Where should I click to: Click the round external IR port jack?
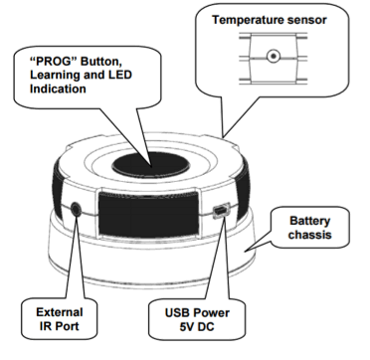pos(76,210)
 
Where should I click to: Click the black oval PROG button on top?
pos(151,165)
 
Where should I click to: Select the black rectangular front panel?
pos(149,214)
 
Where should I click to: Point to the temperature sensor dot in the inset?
pos(274,56)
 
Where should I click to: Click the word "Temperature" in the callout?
pos(246,20)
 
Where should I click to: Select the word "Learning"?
pos(53,75)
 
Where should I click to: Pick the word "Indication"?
pos(58,89)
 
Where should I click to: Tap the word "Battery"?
pos(309,221)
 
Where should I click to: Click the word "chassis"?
pos(309,235)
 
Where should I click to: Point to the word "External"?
pos(60,312)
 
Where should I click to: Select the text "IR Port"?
pos(60,326)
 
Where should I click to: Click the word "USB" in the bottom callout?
pos(177,312)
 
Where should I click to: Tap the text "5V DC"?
pos(197,326)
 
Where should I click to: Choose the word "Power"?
pos(211,312)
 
